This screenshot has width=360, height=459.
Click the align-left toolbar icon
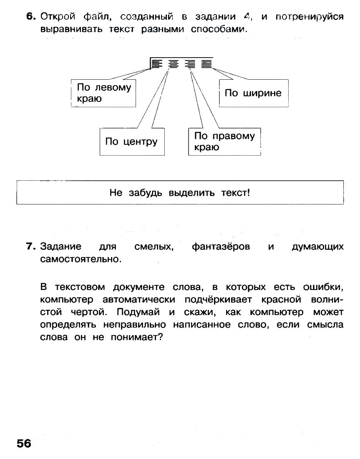156,63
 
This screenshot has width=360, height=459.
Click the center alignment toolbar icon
173,63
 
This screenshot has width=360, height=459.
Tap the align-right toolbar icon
190,63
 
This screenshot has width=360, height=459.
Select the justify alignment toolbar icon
206,63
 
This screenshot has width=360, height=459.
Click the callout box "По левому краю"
103,93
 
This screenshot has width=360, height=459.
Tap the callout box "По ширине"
253,93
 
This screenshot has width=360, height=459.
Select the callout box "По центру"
131,142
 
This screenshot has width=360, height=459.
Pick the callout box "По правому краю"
224,142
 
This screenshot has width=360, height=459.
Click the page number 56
24,443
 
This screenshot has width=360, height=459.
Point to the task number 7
30,247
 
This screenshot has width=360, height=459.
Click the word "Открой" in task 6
58,17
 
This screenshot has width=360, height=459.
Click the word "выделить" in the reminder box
191,193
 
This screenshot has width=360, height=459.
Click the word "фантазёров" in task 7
221,247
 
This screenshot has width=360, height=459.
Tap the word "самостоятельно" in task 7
80,260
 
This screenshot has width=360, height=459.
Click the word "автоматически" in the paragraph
138,300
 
